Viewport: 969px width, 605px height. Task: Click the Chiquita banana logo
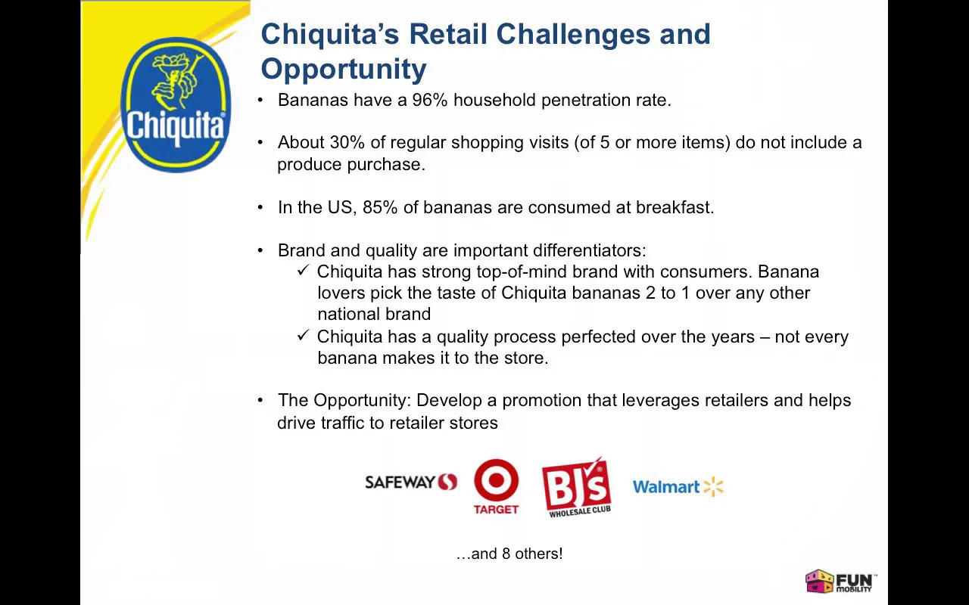click(175, 105)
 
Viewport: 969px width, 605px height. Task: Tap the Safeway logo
click(410, 482)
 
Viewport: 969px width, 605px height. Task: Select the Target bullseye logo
click(496, 487)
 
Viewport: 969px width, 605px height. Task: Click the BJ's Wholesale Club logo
click(576, 487)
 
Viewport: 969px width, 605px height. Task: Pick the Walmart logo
click(678, 487)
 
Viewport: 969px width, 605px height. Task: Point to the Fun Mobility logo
click(840, 582)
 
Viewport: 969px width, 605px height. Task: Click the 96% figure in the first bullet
click(429, 100)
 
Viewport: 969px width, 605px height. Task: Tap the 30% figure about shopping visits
click(347, 142)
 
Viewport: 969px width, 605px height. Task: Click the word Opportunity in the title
click(344, 69)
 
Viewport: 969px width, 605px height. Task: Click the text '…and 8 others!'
click(509, 554)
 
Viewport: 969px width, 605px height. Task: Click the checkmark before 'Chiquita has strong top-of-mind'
click(304, 271)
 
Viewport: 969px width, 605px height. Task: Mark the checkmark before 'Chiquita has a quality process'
click(304, 336)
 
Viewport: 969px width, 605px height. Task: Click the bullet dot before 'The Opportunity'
click(261, 400)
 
